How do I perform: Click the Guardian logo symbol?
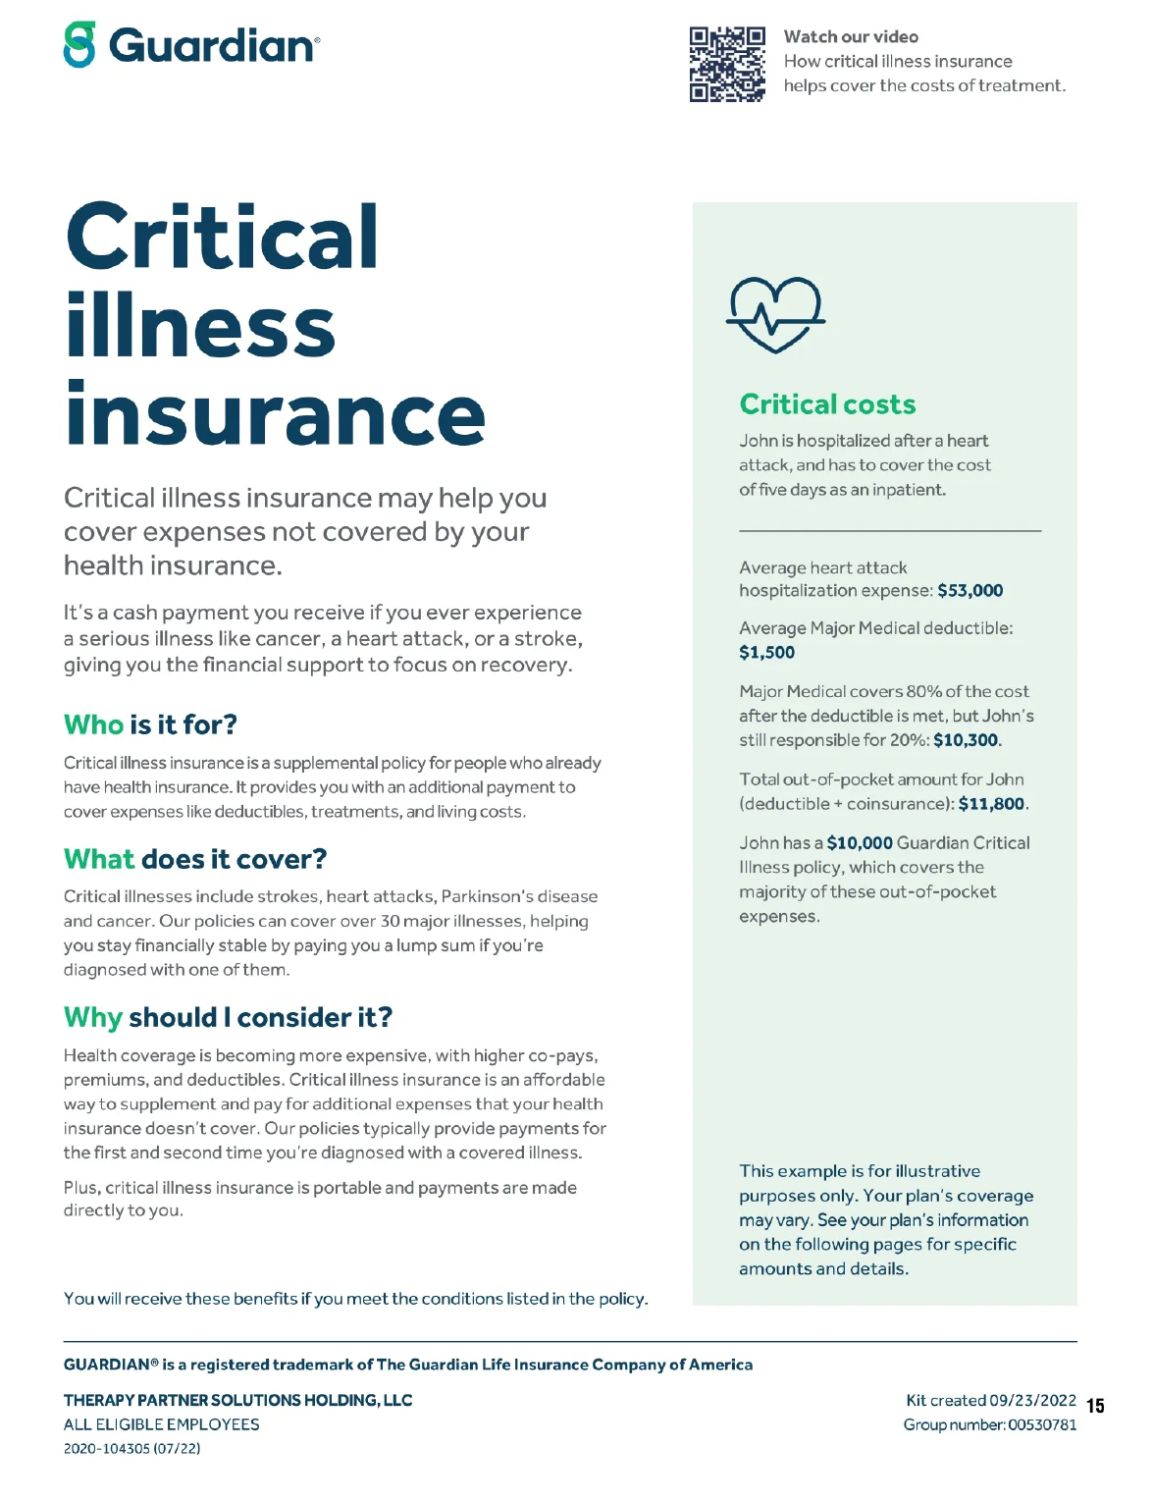click(79, 45)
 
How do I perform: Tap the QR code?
click(727, 65)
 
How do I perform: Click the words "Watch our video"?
click(851, 37)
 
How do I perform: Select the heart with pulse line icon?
click(774, 314)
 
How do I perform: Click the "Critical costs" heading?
click(827, 404)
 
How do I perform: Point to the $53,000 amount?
click(970, 591)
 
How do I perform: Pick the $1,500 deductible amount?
click(766, 653)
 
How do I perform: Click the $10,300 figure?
click(966, 740)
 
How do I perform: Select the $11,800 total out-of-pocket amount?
click(991, 804)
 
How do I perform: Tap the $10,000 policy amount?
click(860, 843)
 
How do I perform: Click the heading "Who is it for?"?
click(150, 724)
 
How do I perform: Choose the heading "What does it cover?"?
click(195, 859)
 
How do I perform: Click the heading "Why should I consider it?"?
click(228, 1017)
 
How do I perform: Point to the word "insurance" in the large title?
click(276, 415)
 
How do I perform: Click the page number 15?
click(1095, 1406)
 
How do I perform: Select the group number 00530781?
click(1041, 1424)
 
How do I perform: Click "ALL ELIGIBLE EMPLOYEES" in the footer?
click(162, 1424)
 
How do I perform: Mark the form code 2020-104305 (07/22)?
click(131, 1449)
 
